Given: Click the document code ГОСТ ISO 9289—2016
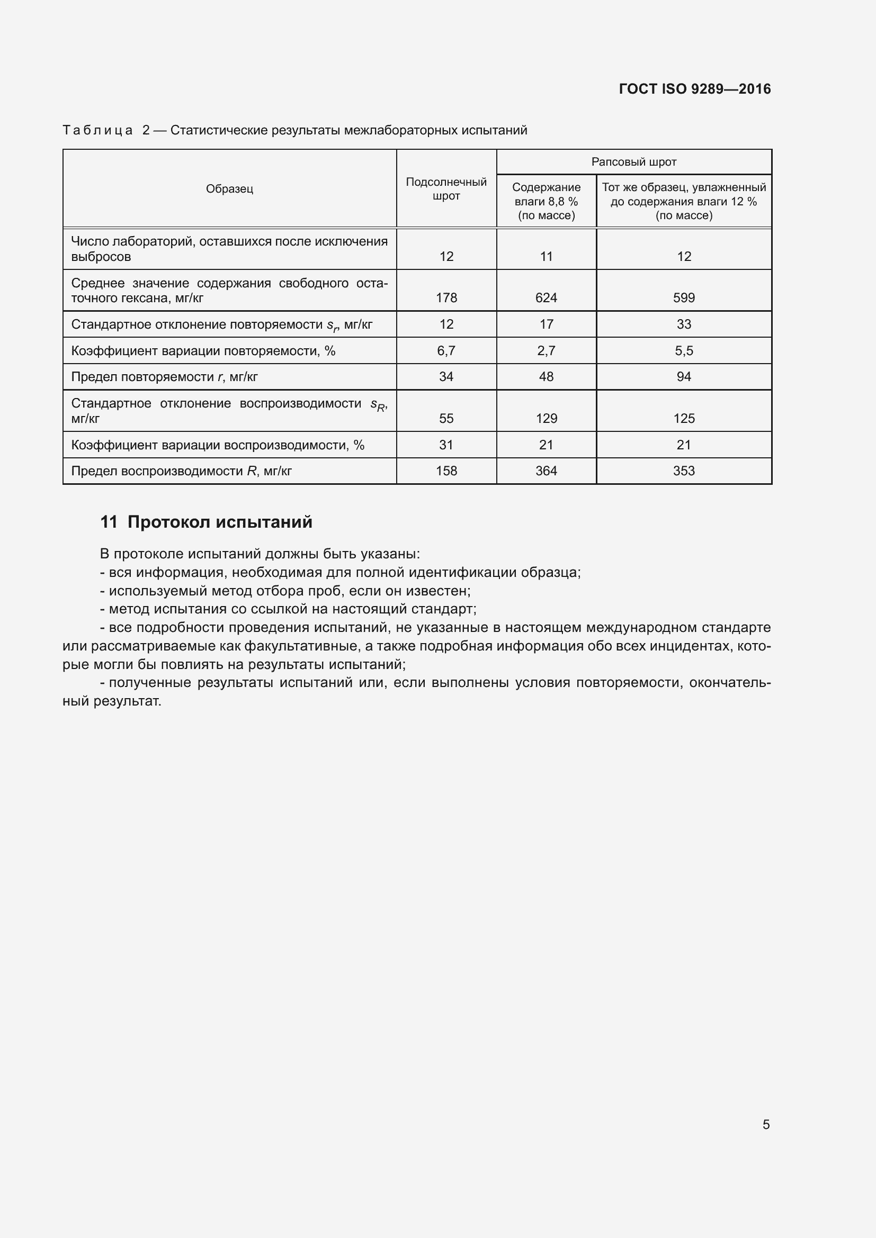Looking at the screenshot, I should [694, 89].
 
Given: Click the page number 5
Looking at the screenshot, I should [766, 1124].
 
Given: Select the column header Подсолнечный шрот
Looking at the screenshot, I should [446, 189].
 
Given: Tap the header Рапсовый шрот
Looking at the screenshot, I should [633, 162].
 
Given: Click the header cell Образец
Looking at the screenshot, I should [229, 189].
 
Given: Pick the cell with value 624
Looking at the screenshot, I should [546, 297].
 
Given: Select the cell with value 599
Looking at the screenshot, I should [683, 297].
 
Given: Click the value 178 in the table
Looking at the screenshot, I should [446, 297].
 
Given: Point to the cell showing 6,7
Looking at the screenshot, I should [446, 351].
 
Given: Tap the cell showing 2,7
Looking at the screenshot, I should [546, 351].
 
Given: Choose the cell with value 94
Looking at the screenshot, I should [683, 377].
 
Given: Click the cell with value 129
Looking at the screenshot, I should [546, 419].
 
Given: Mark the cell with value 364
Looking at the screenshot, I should [546, 471].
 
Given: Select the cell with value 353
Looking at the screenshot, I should [683, 471].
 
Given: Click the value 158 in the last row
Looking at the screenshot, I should [446, 471].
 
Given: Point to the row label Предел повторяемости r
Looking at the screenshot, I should [164, 377].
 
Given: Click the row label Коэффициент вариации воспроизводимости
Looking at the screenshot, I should [217, 445].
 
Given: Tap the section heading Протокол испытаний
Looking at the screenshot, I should [220, 522].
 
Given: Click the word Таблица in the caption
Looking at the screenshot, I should [97, 130].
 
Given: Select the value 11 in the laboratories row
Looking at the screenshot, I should [546, 257].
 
